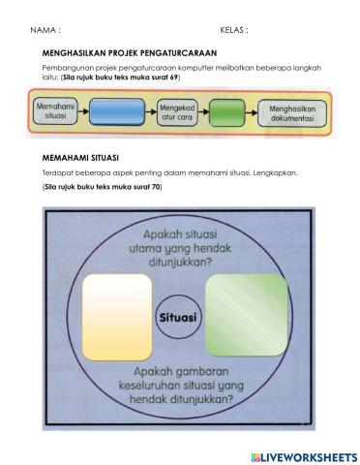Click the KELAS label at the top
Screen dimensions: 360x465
(233, 30)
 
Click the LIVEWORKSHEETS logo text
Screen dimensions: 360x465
(309, 454)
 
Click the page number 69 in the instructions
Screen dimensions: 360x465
(174, 76)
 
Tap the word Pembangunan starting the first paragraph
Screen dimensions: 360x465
(64, 67)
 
